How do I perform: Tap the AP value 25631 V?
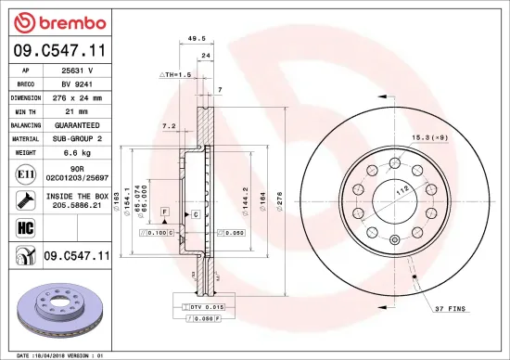click(77, 69)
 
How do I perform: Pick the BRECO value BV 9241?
click(76, 83)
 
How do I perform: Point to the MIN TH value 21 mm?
click(77, 110)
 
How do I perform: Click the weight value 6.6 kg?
click(77, 151)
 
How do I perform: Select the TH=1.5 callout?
click(176, 74)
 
